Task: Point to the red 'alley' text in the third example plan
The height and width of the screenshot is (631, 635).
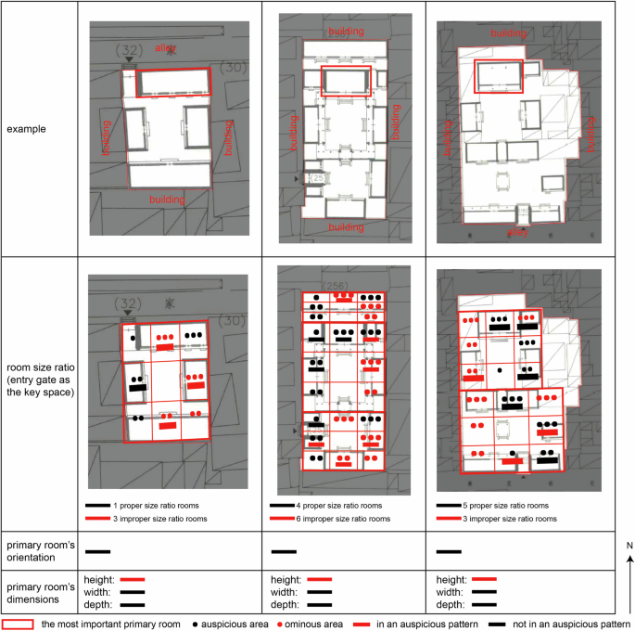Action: pos(516,232)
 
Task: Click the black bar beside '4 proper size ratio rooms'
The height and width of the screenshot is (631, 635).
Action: pos(283,506)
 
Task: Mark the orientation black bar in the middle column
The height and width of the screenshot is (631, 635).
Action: pos(283,551)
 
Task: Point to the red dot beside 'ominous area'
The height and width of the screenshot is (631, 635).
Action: pos(276,624)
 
